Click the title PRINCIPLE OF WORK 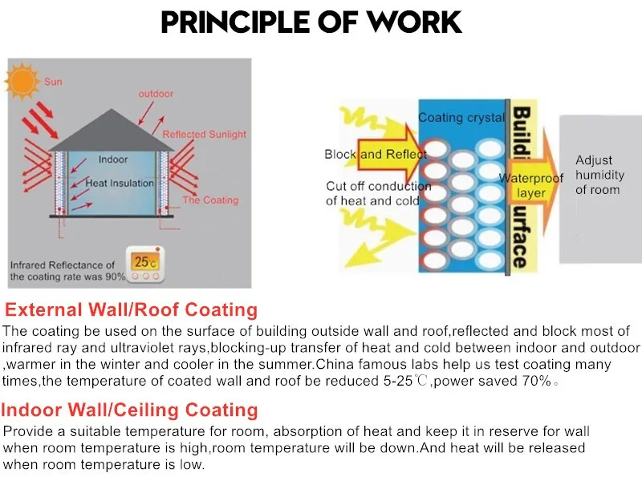click(x=311, y=22)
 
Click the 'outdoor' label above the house click(x=156, y=94)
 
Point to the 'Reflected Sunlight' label click(x=205, y=134)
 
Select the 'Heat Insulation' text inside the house click(x=120, y=183)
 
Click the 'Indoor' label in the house click(x=113, y=159)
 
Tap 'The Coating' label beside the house click(x=210, y=200)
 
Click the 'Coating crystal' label click(x=461, y=118)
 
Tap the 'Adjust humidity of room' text click(x=598, y=175)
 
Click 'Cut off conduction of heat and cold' click(x=377, y=193)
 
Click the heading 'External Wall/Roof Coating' click(x=132, y=309)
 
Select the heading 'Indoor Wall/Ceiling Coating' click(x=132, y=410)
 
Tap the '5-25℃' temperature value click(x=406, y=381)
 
